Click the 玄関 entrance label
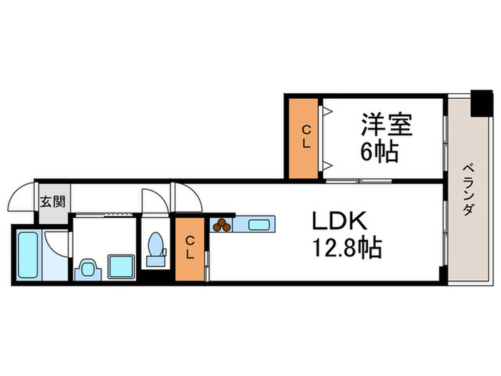pyautogui.click(x=52, y=201)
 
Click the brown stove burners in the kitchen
pyautogui.click(x=222, y=225)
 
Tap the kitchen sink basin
pyautogui.click(x=258, y=225)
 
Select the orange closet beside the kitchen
pyautogui.click(x=190, y=248)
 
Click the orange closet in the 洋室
pyautogui.click(x=304, y=136)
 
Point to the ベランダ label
pyautogui.click(x=468, y=190)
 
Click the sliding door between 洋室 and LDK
pyautogui.click(x=358, y=180)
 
